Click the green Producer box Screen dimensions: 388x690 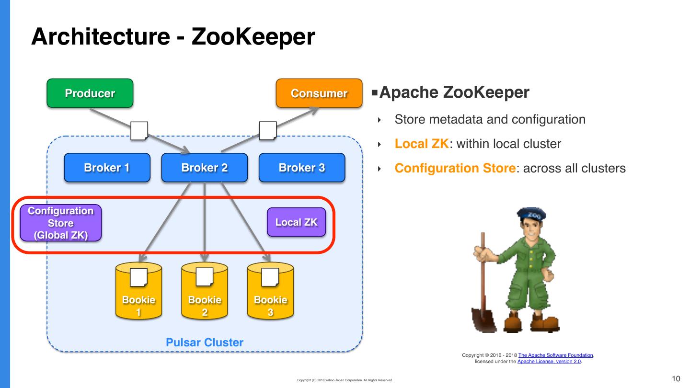point(90,93)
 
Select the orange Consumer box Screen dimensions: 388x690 point(319,93)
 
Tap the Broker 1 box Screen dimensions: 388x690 point(107,168)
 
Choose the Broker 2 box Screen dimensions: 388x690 point(204,168)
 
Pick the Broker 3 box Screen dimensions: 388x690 point(302,168)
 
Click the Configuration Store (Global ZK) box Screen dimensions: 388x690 point(60,223)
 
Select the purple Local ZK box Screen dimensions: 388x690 point(296,222)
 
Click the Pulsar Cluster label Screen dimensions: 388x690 point(204,342)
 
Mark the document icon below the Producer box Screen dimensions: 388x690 point(139,130)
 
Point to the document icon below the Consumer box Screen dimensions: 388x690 point(267,130)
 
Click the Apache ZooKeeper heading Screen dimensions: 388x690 point(454,92)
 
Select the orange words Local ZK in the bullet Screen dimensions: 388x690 point(422,144)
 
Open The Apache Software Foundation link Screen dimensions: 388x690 point(556,355)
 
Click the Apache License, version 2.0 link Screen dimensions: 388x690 point(549,362)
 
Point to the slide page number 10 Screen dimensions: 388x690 point(676,379)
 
